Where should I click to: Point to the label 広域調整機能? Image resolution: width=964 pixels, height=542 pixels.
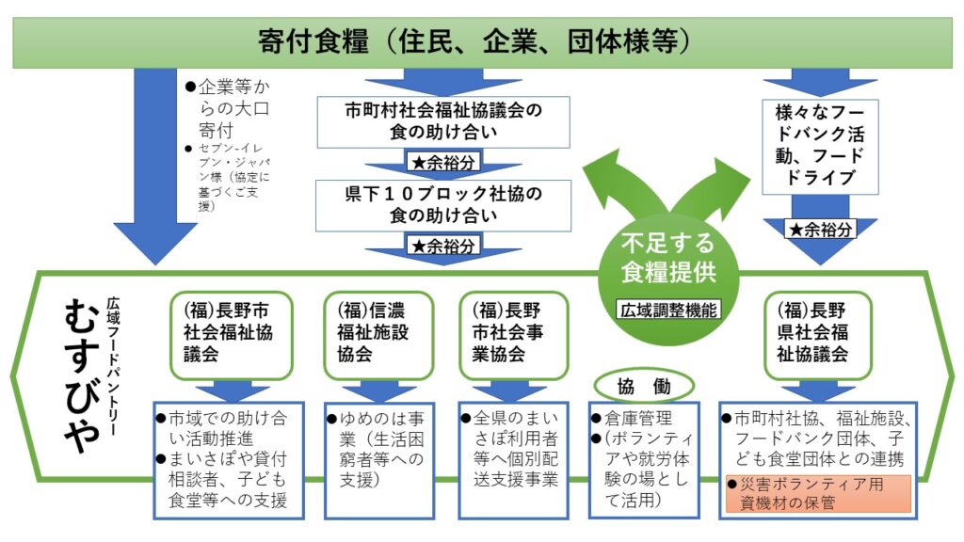tap(668, 308)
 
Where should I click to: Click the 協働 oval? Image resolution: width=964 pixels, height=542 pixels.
tap(643, 385)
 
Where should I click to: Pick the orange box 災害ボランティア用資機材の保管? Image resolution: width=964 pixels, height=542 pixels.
tap(817, 494)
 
